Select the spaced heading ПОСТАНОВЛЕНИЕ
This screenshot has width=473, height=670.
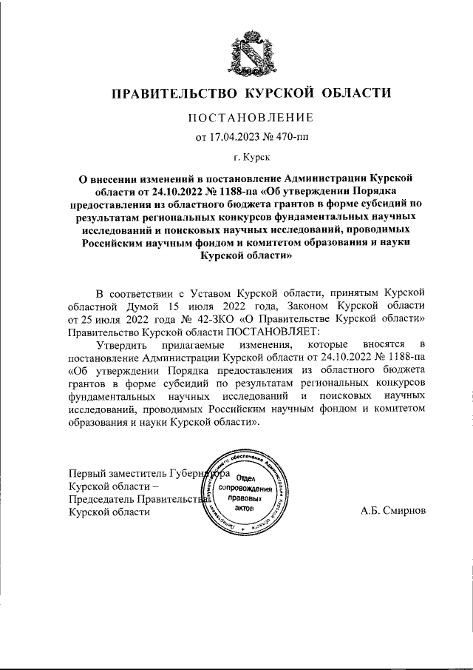(x=251, y=118)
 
